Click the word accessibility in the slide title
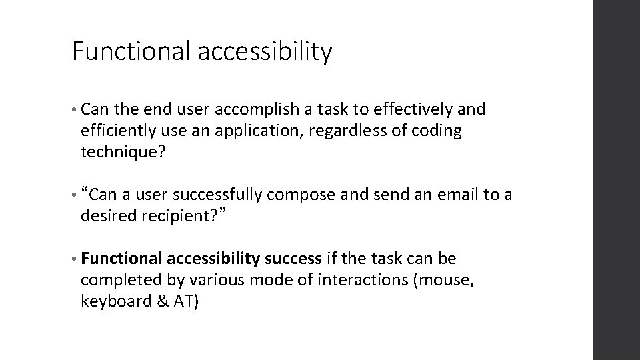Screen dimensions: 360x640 tap(265, 52)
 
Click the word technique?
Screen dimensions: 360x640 tap(121, 152)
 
